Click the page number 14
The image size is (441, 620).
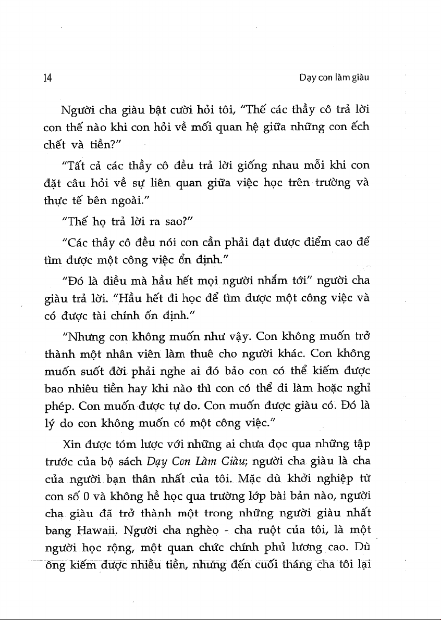[x=47, y=78]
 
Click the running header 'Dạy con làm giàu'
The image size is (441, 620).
[x=334, y=78]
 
